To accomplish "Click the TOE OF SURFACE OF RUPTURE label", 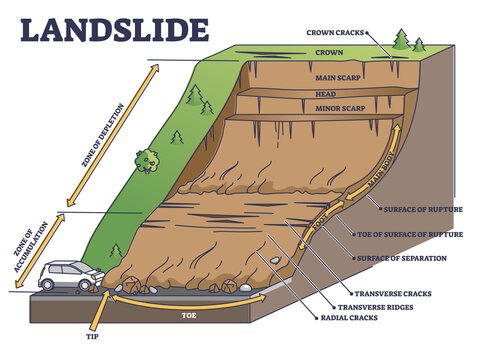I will click(409, 234).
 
